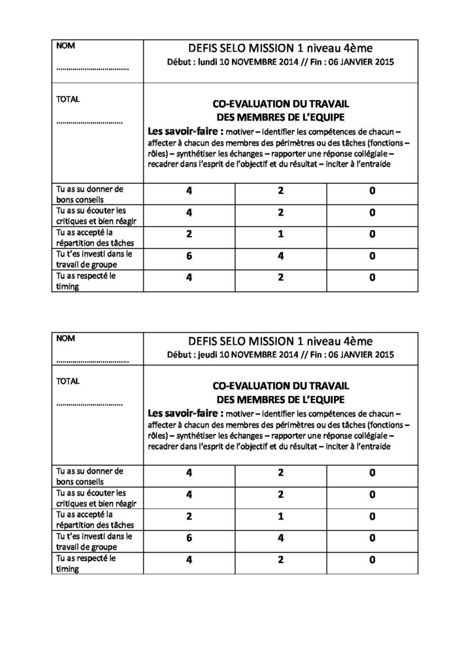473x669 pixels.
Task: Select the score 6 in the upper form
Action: pyautogui.click(x=188, y=257)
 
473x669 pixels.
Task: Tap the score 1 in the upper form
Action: pyautogui.click(x=280, y=235)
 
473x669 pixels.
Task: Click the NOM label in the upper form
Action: pyautogui.click(x=65, y=46)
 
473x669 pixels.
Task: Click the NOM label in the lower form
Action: pyautogui.click(x=65, y=338)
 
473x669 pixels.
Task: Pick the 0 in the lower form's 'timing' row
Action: pyautogui.click(x=372, y=560)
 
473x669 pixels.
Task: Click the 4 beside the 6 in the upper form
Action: pyautogui.click(x=280, y=257)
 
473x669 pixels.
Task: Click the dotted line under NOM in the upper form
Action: pyautogui.click(x=92, y=67)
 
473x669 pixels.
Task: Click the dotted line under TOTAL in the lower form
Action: pyautogui.click(x=90, y=404)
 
